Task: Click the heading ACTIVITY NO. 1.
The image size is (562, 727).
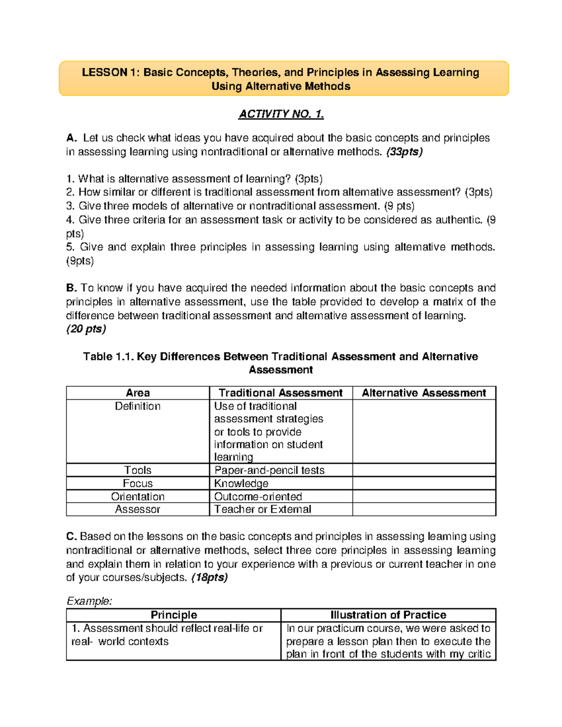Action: click(281, 114)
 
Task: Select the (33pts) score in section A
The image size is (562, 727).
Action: click(404, 152)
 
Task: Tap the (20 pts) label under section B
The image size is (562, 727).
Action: click(86, 329)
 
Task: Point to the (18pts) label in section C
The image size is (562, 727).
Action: click(210, 577)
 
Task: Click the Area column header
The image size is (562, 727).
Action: click(138, 393)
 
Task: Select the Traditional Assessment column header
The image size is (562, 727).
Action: click(281, 393)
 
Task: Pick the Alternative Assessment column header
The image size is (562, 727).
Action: click(424, 393)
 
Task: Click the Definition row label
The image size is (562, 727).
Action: click(138, 406)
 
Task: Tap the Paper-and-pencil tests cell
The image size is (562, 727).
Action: click(269, 470)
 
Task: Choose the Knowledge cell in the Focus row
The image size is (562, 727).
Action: click(241, 483)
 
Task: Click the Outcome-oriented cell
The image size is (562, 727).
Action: click(258, 496)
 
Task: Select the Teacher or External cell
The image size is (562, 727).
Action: click(263, 509)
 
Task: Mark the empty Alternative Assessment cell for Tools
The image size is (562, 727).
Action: click(424, 470)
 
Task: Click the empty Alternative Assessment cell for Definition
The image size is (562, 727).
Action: click(424, 432)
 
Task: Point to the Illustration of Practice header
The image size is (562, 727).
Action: click(388, 615)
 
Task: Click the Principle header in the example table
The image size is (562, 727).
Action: click(174, 615)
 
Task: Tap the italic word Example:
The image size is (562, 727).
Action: click(89, 601)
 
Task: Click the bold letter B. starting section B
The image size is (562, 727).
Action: click(72, 288)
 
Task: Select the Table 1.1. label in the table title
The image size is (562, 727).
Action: click(109, 357)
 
